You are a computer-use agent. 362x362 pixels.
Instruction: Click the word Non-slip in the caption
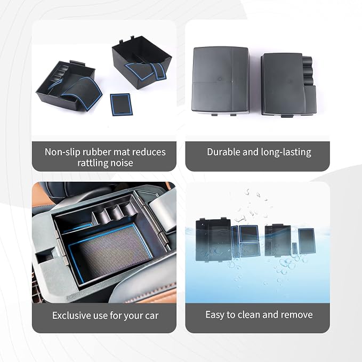[62, 152]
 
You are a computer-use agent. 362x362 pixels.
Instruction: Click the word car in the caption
[152, 316]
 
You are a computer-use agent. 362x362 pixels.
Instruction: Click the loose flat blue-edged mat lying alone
[121, 104]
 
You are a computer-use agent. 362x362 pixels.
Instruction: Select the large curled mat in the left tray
[82, 93]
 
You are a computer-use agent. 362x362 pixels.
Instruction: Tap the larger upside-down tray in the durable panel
[221, 81]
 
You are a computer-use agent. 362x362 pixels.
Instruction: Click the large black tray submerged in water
[213, 240]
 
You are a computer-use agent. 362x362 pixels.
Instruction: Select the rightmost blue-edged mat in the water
[307, 241]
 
